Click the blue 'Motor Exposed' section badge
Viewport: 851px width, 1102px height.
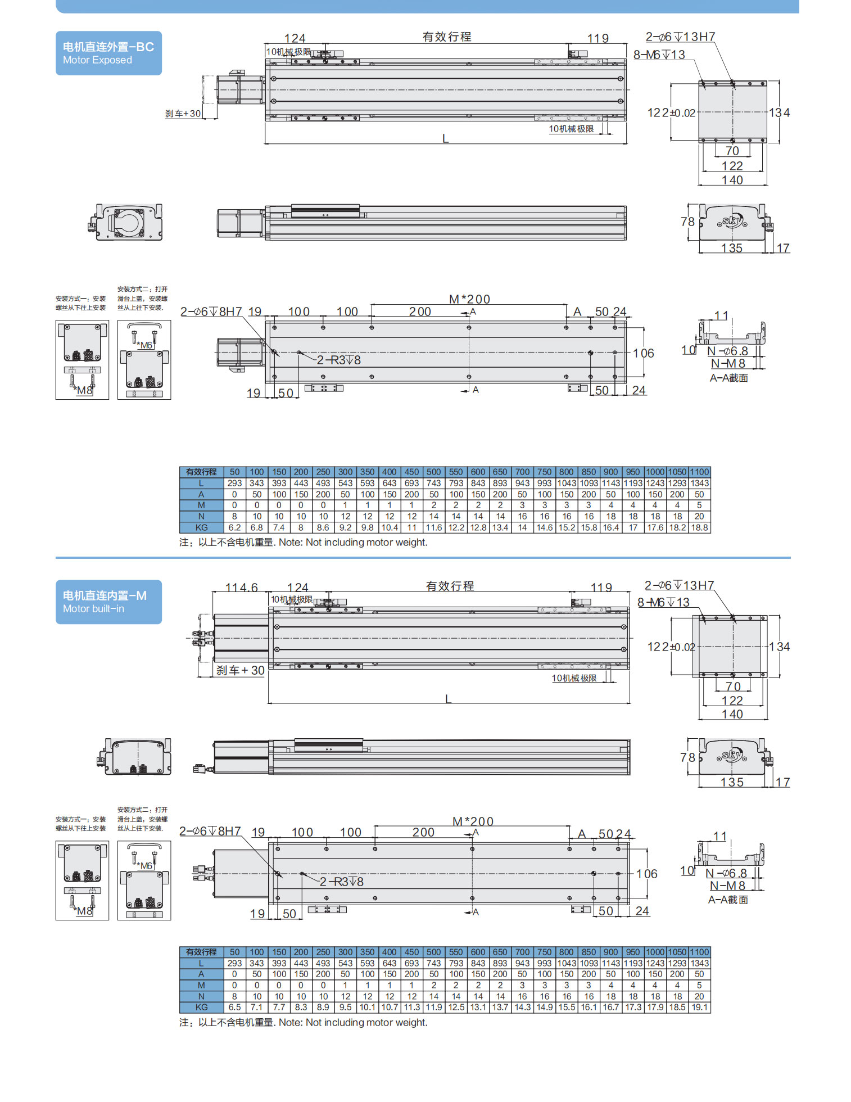pyautogui.click(x=108, y=53)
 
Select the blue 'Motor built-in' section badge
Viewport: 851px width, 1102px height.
pyautogui.click(x=108, y=602)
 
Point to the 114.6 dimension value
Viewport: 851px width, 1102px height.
pyautogui.click(x=241, y=587)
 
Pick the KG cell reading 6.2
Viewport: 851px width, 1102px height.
pyautogui.click(x=234, y=527)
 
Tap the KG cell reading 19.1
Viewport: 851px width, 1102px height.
pyautogui.click(x=699, y=1007)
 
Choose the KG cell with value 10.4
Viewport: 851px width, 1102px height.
pyautogui.click(x=390, y=527)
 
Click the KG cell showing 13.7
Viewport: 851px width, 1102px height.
pyautogui.click(x=500, y=1007)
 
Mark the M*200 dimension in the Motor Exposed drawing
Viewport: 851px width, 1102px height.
pyautogui.click(x=469, y=299)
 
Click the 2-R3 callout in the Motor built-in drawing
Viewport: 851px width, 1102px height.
pyautogui.click(x=342, y=882)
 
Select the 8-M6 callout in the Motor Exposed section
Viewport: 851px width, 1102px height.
pyautogui.click(x=659, y=55)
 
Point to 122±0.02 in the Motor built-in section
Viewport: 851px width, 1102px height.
pyautogui.click(x=671, y=647)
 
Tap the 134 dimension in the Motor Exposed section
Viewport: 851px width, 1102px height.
pyautogui.click(x=780, y=112)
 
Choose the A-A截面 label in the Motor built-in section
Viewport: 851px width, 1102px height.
pyautogui.click(x=728, y=900)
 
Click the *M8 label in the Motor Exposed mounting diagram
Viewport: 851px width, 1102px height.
pyautogui.click(x=84, y=390)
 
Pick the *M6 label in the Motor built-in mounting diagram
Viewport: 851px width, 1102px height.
pyautogui.click(x=145, y=866)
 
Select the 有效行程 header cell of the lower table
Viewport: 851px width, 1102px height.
pyautogui.click(x=201, y=952)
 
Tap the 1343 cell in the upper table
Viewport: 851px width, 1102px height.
pyautogui.click(x=699, y=483)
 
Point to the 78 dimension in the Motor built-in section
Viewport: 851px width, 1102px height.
pyautogui.click(x=687, y=757)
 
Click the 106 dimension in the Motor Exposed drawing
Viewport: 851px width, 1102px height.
pyautogui.click(x=644, y=353)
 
